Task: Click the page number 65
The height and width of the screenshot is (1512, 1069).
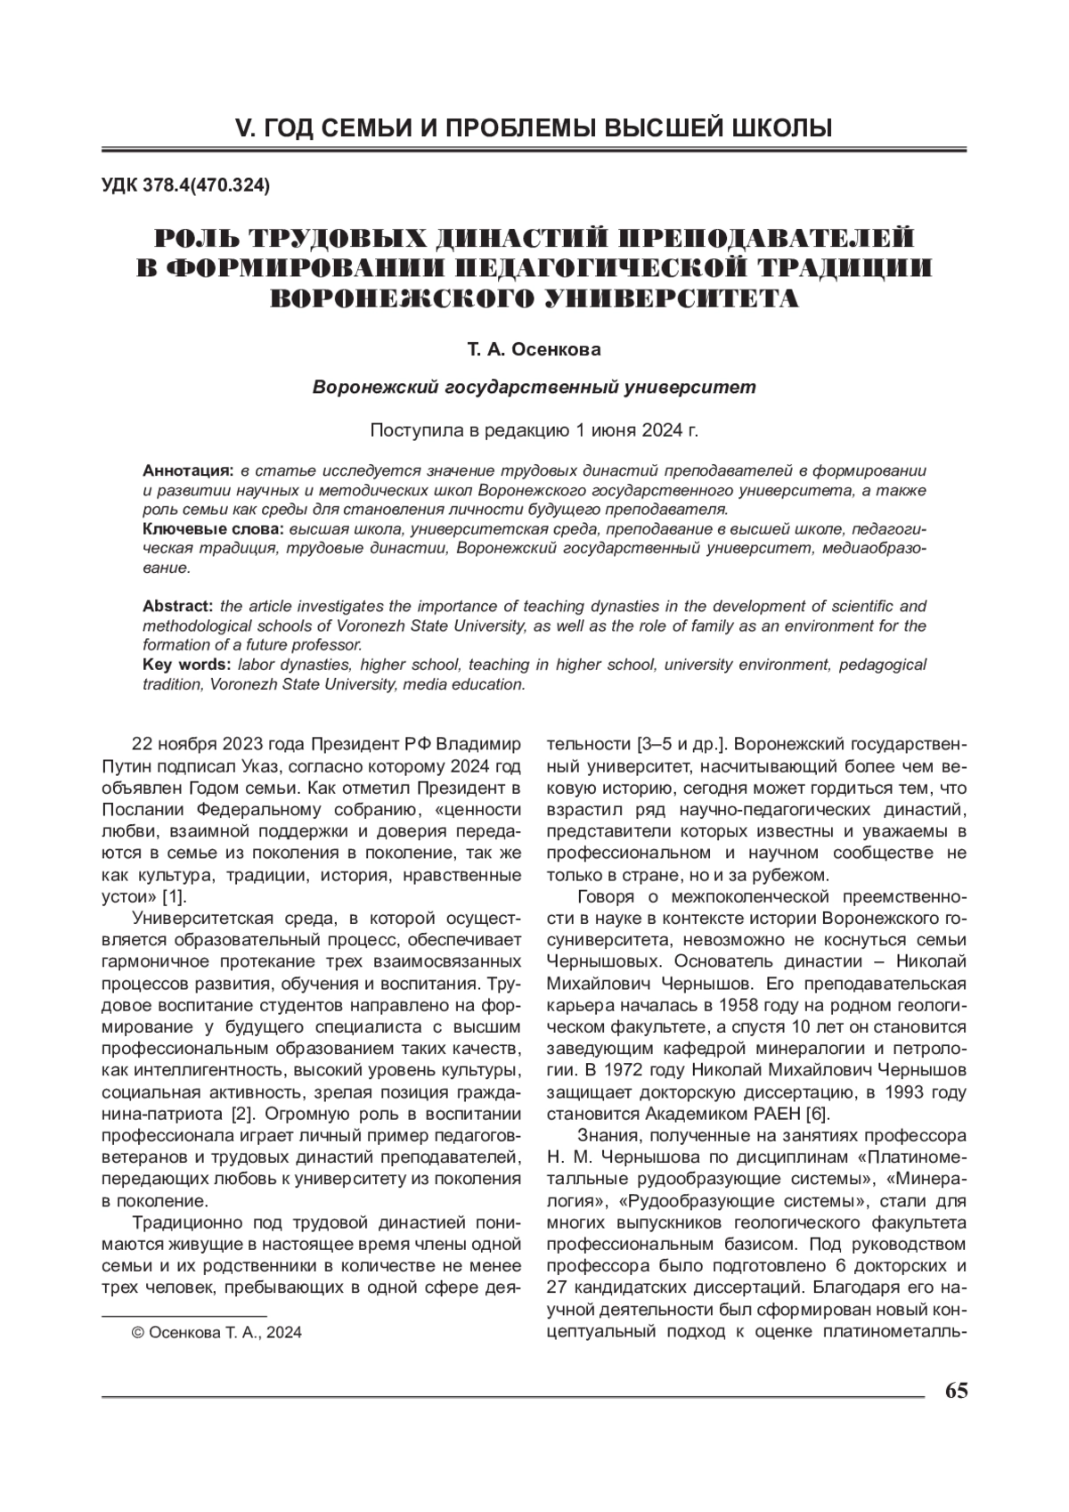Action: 956,1391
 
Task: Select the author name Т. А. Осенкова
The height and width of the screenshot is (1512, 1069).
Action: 534,349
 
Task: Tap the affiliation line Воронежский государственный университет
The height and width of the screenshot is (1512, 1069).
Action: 534,388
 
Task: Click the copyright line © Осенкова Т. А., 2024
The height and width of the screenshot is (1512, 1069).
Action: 216,1333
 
